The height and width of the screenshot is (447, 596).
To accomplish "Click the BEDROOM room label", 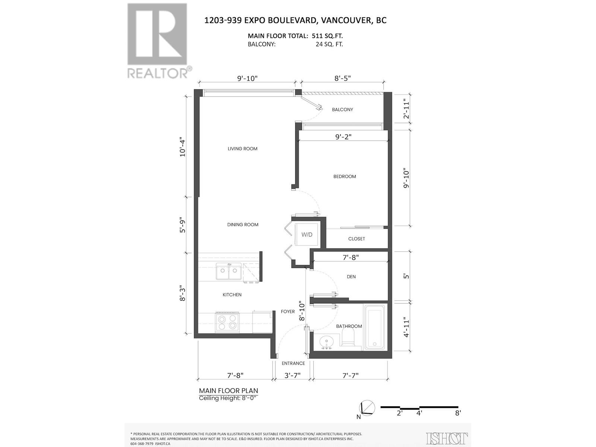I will pyautogui.click(x=345, y=177).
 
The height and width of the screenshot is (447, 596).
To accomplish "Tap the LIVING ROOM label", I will pyautogui.click(x=242, y=149).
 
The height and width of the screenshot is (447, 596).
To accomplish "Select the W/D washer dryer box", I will pyautogui.click(x=307, y=235).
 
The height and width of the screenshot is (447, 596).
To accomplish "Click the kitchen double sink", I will pyautogui.click(x=228, y=271).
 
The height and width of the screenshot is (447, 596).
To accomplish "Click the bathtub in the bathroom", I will pyautogui.click(x=374, y=327).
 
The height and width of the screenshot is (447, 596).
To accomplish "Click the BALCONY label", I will pyautogui.click(x=342, y=110).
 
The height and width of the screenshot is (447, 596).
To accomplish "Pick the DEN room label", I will pyautogui.click(x=351, y=277).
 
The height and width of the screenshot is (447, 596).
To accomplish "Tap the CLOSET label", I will pyautogui.click(x=356, y=239).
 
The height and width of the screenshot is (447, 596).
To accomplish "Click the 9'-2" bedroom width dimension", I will pyautogui.click(x=343, y=137).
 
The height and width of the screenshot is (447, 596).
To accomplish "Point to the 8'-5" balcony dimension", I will pyautogui.click(x=342, y=78).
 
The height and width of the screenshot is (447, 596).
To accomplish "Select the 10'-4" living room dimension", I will pyautogui.click(x=183, y=147).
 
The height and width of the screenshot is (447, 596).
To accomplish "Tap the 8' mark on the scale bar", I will pyautogui.click(x=458, y=413).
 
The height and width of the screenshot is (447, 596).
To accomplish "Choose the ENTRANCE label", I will pyautogui.click(x=293, y=363).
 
